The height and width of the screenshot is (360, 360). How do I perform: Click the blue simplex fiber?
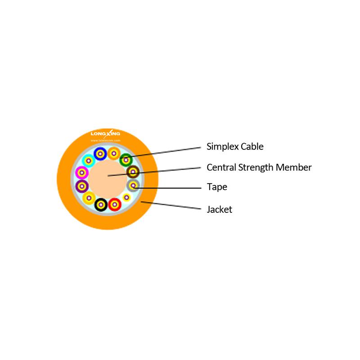[100, 153]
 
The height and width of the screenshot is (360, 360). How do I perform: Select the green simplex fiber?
[126, 160]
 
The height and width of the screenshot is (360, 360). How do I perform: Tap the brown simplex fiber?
[133, 172]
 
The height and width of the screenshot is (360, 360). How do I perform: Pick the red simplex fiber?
[115, 204]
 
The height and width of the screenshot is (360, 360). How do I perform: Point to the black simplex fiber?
[101, 205]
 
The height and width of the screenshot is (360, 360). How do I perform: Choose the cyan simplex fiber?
[88, 161]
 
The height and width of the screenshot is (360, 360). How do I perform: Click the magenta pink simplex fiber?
[82, 173]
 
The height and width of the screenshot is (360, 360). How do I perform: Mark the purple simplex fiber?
[82, 186]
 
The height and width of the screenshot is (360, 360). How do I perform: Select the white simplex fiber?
[126, 197]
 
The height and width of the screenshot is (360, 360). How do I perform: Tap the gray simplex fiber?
[133, 185]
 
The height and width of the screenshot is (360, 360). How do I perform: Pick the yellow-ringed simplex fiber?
[89, 198]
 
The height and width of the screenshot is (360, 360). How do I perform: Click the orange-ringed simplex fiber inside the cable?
[114, 153]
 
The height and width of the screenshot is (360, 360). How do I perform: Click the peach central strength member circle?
[108, 179]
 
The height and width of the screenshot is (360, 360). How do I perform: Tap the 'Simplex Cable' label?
[235, 147]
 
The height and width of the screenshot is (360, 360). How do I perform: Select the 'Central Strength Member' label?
[259, 167]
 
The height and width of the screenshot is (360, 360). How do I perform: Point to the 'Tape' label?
[217, 187]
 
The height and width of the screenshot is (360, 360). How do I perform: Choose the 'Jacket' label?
[219, 209]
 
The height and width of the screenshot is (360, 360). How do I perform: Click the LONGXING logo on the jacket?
[105, 134]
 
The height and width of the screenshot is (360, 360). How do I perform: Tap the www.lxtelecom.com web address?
[105, 140]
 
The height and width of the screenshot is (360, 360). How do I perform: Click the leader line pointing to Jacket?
[171, 205]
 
